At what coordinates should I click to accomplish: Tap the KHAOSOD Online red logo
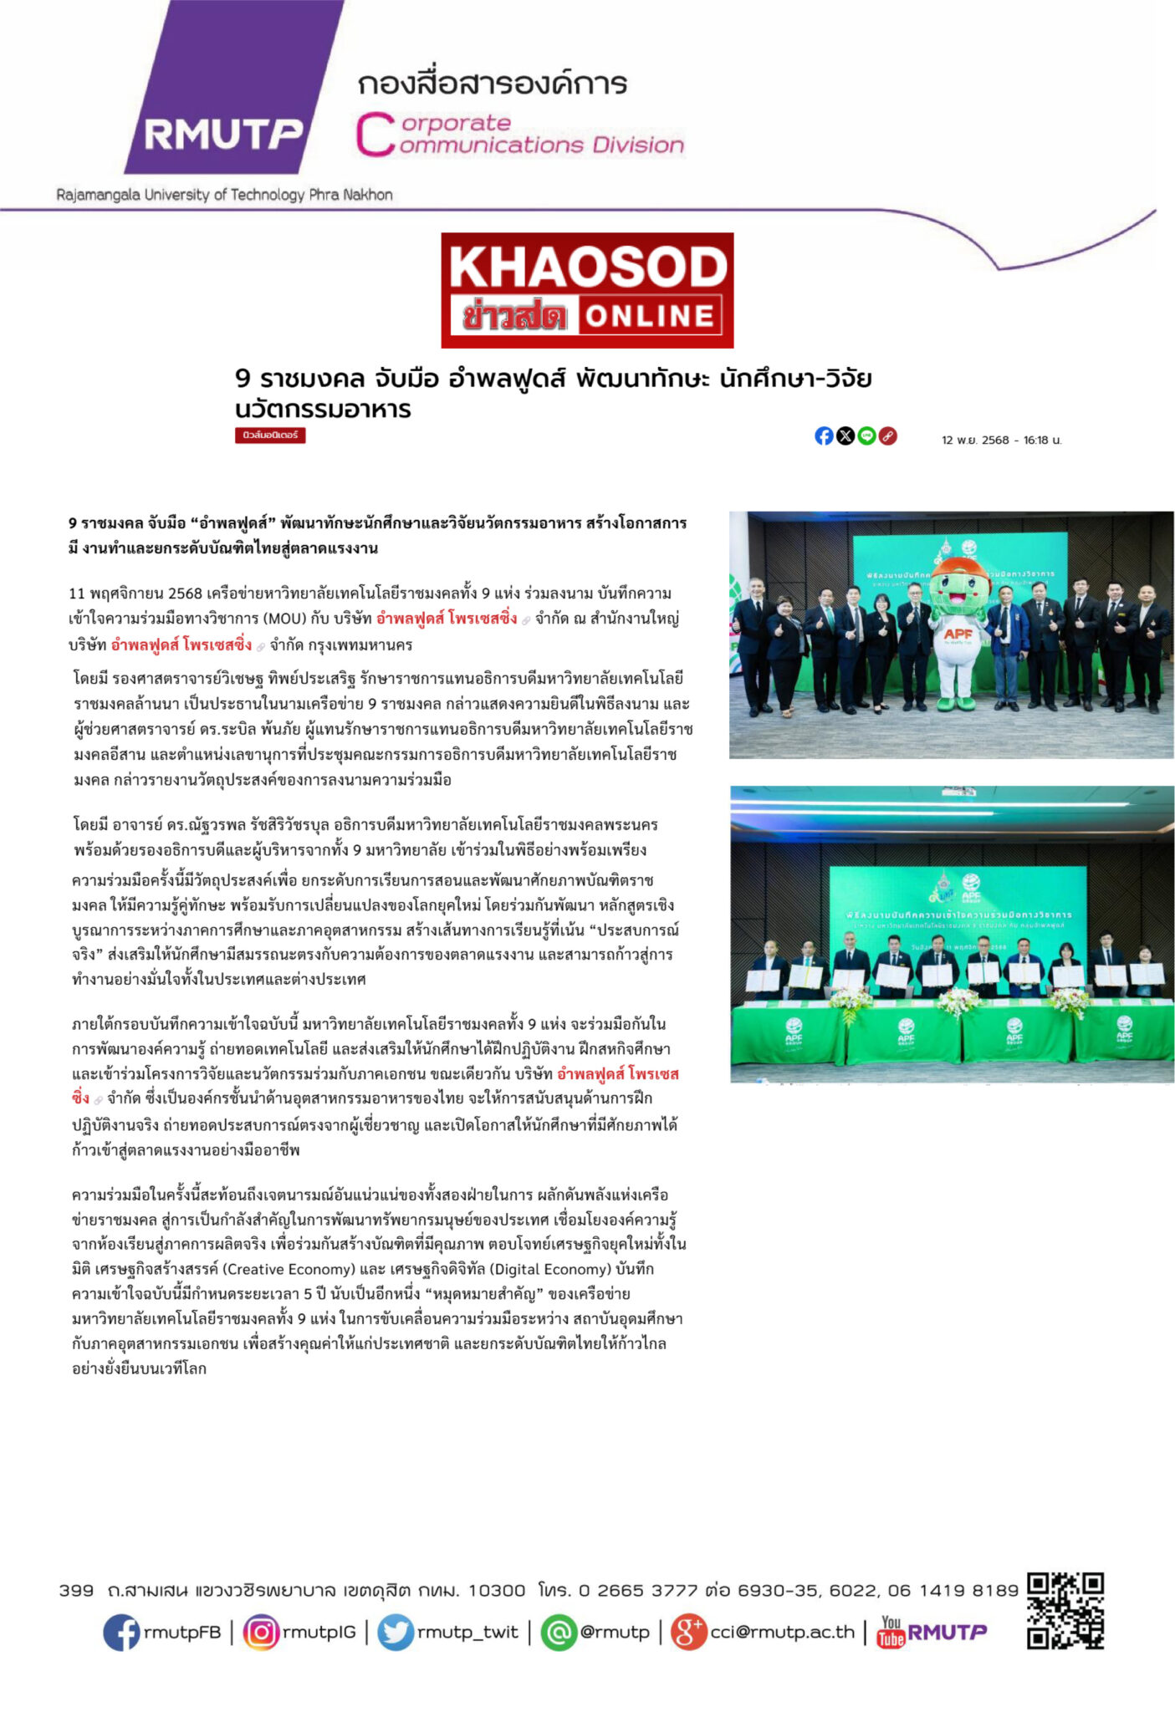tap(587, 290)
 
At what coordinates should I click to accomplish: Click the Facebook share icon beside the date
tap(824, 436)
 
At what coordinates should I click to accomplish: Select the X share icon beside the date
tap(845, 436)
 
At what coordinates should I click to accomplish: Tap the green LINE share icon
tap(867, 436)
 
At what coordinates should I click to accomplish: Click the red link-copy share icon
tap(888, 436)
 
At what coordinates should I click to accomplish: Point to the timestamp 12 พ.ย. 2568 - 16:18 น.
tap(1001, 440)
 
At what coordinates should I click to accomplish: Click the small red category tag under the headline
tap(270, 436)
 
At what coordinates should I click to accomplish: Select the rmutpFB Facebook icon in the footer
tap(121, 1632)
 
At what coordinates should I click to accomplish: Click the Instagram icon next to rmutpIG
tap(261, 1632)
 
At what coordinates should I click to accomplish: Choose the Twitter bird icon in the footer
tap(395, 1632)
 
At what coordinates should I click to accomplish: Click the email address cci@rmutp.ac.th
tap(782, 1632)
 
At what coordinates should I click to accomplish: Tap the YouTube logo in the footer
tap(891, 1631)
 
